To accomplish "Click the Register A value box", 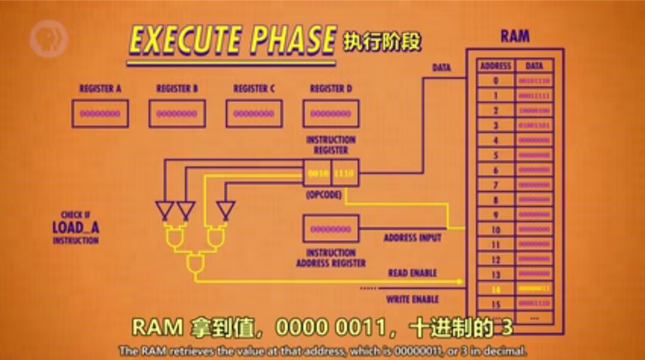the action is tap(100, 113).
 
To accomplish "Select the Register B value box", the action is tap(177, 113).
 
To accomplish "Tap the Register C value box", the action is tap(254, 113).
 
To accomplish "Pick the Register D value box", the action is tap(331, 113).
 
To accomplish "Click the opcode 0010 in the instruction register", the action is tap(317, 173).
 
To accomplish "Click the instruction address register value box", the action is tap(331, 229).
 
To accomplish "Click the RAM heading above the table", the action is tap(515, 36).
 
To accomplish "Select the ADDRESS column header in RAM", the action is tap(495, 66).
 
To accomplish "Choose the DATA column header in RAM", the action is tap(534, 66).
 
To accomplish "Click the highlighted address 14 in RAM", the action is tap(495, 290).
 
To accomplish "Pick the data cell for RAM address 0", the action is tap(534, 81).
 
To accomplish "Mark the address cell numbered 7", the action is tap(495, 185).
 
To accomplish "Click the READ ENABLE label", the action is tap(412, 273).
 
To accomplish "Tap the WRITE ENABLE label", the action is tap(412, 299).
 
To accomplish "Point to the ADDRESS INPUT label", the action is tap(412, 238).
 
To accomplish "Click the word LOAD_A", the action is tap(75, 227).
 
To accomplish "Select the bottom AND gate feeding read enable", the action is tap(195, 263).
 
